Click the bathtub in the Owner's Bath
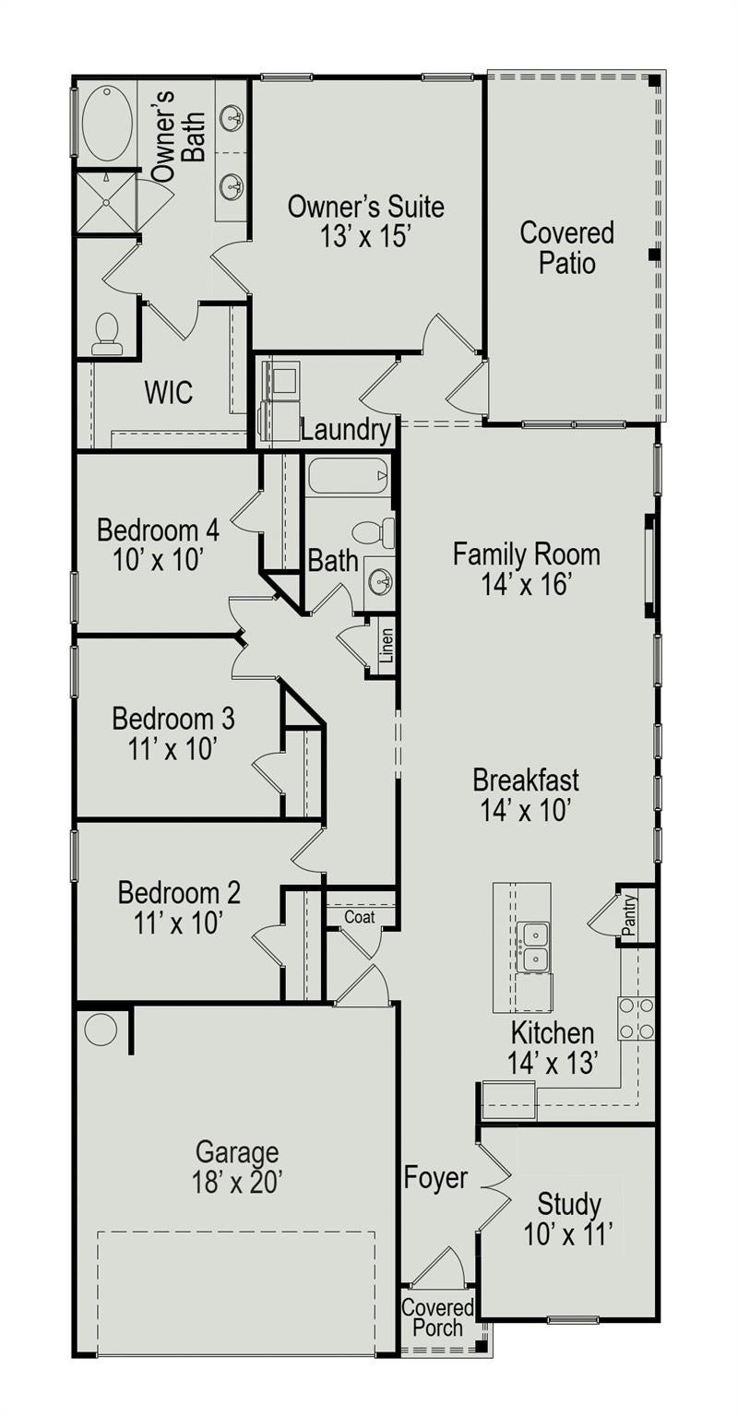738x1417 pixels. tap(109, 124)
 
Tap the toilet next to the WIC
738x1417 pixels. tap(105, 334)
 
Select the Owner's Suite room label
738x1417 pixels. tap(365, 207)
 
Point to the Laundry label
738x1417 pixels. tap(345, 430)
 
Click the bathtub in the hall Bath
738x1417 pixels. tap(348, 475)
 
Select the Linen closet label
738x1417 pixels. tap(387, 645)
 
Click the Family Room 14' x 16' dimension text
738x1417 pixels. tap(527, 584)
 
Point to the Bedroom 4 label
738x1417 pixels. tap(158, 530)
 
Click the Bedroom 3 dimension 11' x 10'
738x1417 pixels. tap(173, 749)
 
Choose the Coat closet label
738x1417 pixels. tap(359, 917)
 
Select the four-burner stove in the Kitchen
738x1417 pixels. tap(637, 1018)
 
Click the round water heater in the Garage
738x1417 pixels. tap(101, 1030)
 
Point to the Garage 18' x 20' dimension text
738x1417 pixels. tap(237, 1181)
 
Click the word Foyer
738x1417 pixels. tap(435, 1177)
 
